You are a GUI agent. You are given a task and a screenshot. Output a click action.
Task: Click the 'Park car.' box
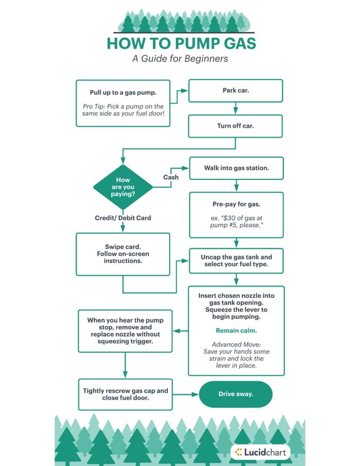pos(236,91)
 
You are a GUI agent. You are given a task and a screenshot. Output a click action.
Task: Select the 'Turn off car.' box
pos(236,126)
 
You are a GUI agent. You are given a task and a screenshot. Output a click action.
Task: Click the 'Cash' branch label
pos(171,177)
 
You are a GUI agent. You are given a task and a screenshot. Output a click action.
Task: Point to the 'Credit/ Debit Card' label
pos(122,218)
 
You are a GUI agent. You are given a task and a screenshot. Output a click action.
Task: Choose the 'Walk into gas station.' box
pos(236,168)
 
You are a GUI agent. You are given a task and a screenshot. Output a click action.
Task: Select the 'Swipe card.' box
pos(122,254)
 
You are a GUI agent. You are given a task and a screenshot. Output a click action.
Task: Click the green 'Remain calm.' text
pos(236,331)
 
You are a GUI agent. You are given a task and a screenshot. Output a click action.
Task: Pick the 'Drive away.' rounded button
pos(236,394)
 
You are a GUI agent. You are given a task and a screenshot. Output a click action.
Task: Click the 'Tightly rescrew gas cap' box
pos(125,394)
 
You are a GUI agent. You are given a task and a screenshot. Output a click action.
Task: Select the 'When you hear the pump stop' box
pos(125,331)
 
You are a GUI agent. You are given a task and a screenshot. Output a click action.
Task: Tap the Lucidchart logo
pos(261,451)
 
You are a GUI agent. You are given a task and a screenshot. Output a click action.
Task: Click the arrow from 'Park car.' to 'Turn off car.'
pos(236,108)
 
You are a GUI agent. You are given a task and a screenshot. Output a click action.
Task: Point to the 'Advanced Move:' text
pos(236,344)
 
